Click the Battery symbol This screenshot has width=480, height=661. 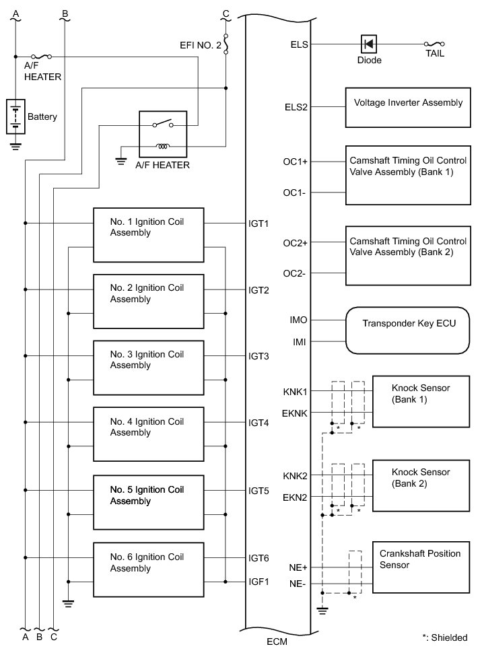coord(15,116)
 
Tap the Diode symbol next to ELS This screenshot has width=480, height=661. coord(369,44)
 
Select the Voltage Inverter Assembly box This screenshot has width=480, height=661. coord(408,106)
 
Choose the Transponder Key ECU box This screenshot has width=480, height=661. coord(408,330)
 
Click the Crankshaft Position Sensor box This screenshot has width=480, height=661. coord(421,569)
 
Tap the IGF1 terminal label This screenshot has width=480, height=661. coord(259,582)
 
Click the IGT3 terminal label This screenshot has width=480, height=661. coord(259,356)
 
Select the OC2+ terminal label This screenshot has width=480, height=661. coord(295,243)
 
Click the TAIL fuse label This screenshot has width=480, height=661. coord(435,53)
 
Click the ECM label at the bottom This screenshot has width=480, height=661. coord(277,641)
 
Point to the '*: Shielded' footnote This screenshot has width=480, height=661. coord(444,637)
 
